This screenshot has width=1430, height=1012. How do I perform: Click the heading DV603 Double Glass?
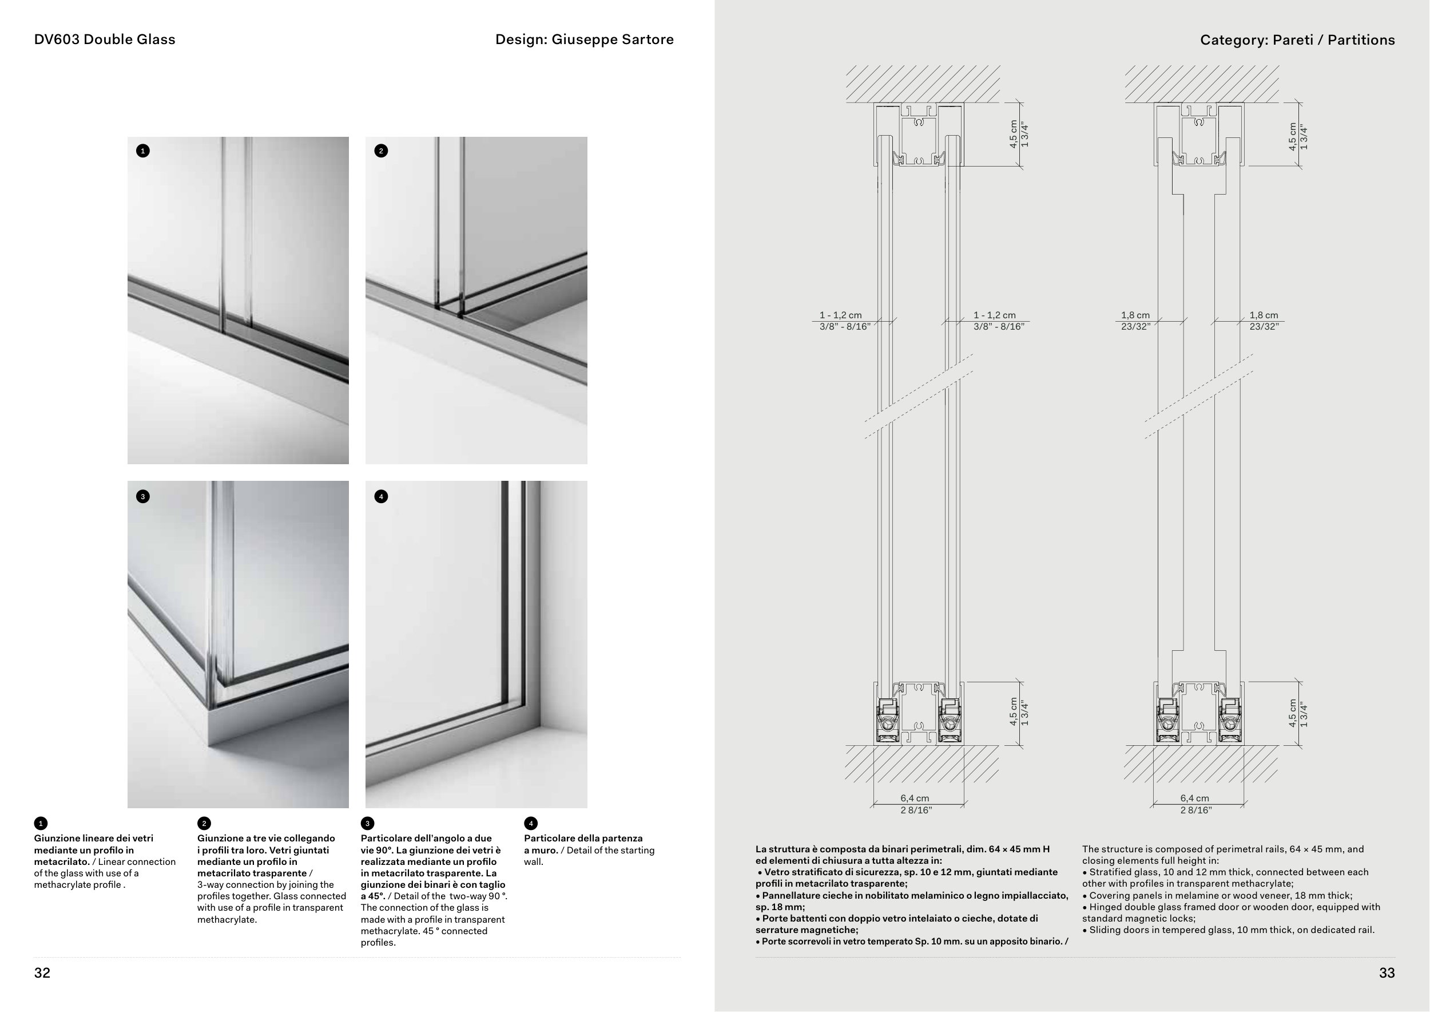(x=105, y=40)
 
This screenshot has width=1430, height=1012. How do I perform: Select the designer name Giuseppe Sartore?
(x=612, y=40)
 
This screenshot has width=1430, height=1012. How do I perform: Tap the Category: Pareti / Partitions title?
(x=1297, y=41)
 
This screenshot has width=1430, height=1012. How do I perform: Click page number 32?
(x=42, y=973)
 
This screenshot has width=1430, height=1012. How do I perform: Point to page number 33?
(x=1387, y=973)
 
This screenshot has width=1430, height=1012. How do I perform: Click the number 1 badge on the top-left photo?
(x=142, y=151)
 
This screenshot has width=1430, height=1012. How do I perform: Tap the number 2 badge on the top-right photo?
(x=381, y=151)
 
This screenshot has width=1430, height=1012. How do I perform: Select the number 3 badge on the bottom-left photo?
(x=142, y=497)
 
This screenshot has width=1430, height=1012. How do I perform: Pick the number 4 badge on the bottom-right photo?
(x=381, y=497)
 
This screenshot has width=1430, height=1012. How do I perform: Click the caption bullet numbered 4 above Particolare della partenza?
(x=531, y=824)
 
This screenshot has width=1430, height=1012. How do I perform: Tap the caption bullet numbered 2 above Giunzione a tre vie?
(x=204, y=824)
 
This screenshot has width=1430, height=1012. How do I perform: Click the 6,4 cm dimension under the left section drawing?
(x=914, y=798)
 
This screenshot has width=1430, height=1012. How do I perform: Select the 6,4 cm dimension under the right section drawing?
(x=1194, y=798)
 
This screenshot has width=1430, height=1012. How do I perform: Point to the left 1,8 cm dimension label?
(x=1135, y=315)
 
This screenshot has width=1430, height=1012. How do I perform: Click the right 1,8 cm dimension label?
(x=1264, y=315)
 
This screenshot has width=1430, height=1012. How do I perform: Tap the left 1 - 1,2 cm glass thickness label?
(x=841, y=315)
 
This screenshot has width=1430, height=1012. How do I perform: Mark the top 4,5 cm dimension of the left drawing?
(x=1014, y=134)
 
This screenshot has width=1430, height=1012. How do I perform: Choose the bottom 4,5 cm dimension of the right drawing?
(x=1293, y=712)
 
